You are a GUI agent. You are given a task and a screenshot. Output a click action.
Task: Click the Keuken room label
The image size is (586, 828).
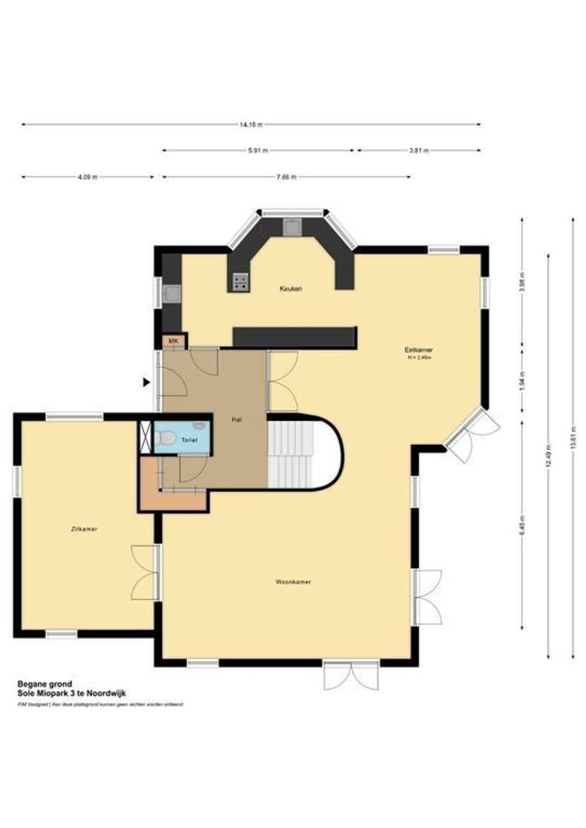pos(291,289)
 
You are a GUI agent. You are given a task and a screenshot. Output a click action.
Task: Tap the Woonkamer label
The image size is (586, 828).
pos(293,582)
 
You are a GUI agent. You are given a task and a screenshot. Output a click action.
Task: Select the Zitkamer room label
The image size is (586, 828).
pos(84,529)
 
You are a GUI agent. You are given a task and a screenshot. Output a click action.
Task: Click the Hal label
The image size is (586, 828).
pos(238,419)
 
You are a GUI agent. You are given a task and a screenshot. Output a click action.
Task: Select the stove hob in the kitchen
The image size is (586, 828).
pos(239,283)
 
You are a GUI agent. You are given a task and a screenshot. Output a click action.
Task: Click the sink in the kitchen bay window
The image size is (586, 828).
pos(292,226)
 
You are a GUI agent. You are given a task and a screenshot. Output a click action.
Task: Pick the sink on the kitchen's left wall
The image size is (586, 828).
pos(173,291)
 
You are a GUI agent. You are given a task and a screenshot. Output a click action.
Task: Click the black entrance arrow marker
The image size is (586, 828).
pos(146,381)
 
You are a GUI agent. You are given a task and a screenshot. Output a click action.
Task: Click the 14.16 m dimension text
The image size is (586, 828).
pos(251,124)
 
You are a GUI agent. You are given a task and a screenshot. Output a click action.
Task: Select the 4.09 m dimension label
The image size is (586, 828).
pos(87,177)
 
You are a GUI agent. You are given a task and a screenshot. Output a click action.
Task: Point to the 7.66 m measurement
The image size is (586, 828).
pos(286,177)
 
